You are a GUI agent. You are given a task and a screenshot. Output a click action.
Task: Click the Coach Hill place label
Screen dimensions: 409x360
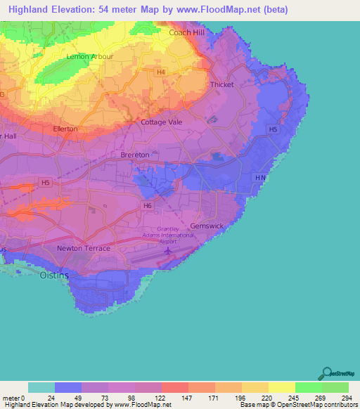coord(187,32)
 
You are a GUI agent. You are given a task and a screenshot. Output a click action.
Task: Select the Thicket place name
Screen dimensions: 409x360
coord(222,84)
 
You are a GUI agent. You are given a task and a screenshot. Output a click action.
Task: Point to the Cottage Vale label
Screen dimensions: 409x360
coord(161,122)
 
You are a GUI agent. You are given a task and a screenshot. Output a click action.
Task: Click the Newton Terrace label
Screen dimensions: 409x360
coord(84,248)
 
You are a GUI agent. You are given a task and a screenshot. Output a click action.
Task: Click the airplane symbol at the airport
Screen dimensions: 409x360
coord(168,251)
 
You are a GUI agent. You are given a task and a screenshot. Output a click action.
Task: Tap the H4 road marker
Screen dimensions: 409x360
coord(162,72)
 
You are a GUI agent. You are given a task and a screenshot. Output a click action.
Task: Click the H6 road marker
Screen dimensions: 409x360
coord(146,205)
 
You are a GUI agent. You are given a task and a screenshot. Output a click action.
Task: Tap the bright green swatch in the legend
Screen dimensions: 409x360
coord(309,387)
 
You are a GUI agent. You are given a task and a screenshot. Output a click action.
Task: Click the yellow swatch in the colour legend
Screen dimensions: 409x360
coord(282,387)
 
